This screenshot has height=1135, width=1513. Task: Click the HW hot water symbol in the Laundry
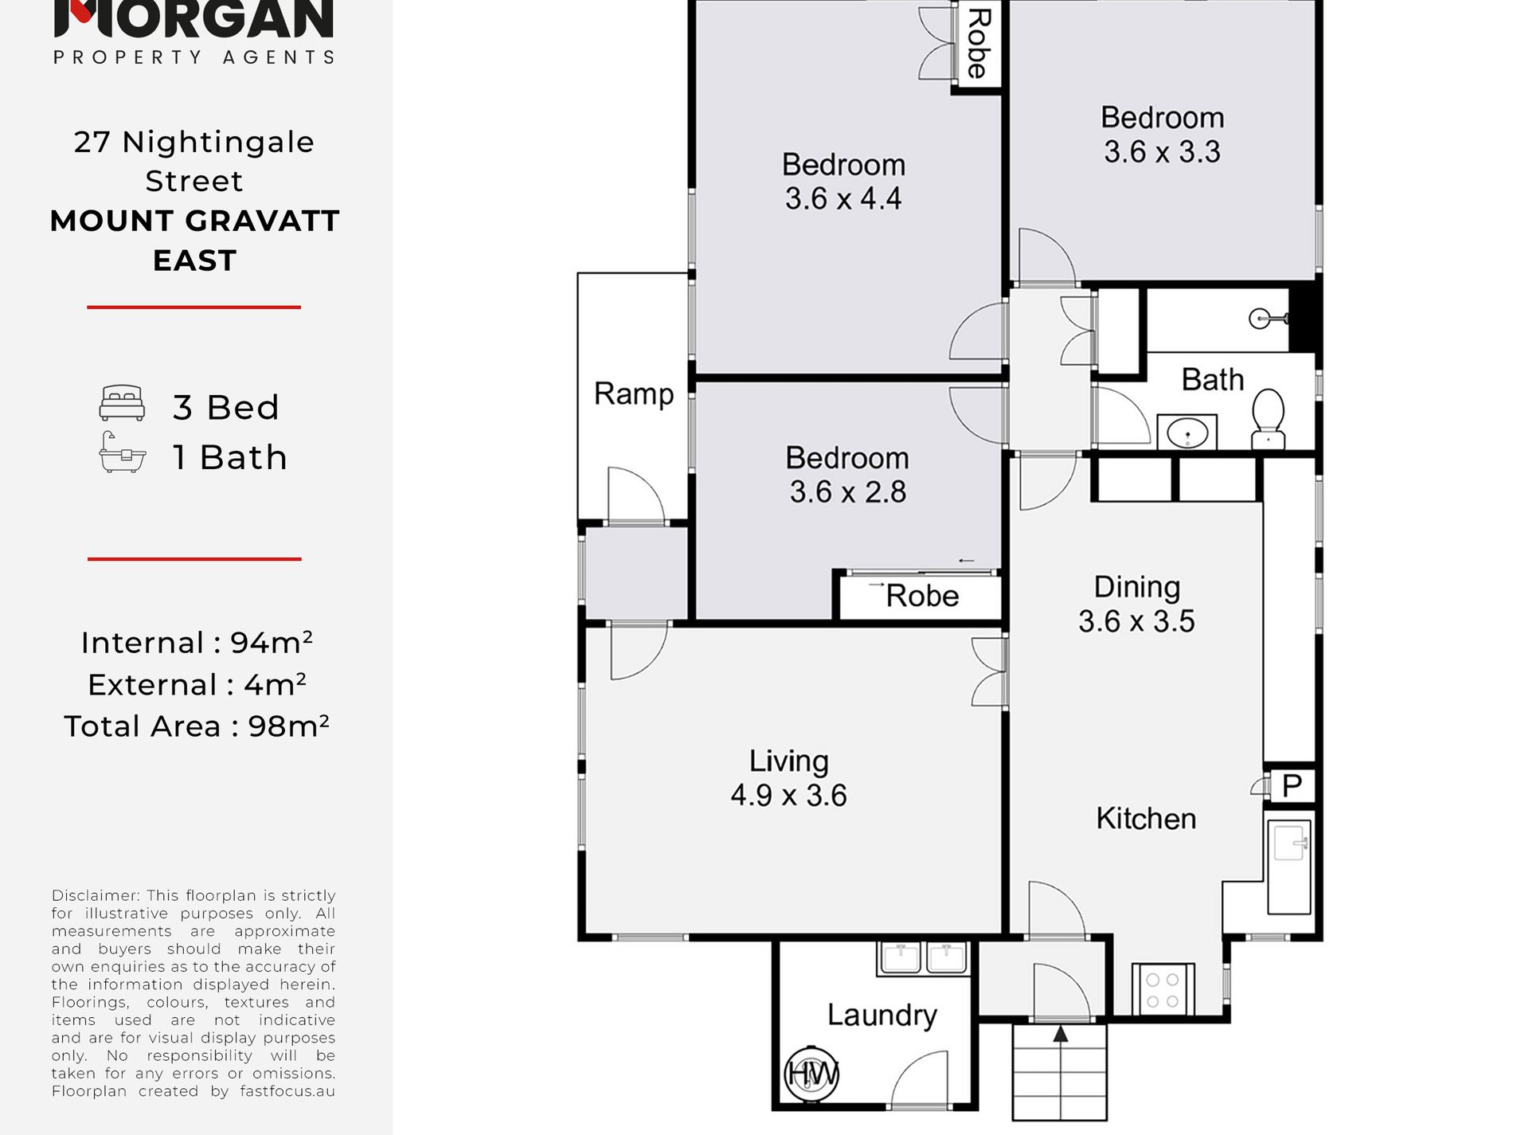[811, 1074]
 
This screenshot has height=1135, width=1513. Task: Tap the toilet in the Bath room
[1268, 418]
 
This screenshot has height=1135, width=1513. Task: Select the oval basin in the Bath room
[1187, 432]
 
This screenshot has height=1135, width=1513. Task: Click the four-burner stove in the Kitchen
[1163, 988]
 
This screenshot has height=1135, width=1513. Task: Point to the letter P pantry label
[1292, 786]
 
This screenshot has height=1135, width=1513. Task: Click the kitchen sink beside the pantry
[1289, 866]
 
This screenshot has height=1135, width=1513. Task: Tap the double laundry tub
[924, 958]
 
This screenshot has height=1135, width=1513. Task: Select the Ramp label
[634, 393]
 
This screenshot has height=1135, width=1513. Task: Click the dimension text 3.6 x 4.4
[843, 198]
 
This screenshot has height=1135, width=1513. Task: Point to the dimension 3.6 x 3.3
[1162, 151]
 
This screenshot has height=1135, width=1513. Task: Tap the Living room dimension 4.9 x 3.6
[788, 795]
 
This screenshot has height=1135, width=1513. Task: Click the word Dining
[1136, 587]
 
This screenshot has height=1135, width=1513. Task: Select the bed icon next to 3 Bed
[122, 403]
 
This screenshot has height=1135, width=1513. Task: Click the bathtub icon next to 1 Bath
[122, 452]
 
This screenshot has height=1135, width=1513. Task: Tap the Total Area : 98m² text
[197, 726]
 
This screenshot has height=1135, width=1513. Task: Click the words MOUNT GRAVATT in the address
[195, 221]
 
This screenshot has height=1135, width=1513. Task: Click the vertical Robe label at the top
[978, 44]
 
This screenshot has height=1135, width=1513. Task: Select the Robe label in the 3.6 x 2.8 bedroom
[922, 596]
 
